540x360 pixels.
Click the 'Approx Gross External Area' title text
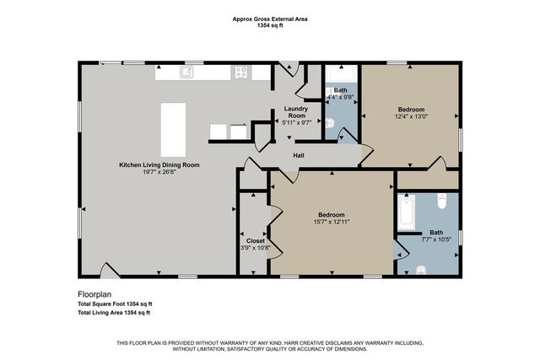[x=269, y=19]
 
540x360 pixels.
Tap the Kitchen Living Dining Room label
[x=159, y=165]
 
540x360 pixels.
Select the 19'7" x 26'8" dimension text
[x=159, y=173]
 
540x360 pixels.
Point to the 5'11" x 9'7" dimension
[x=295, y=121]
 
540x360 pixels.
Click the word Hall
[x=299, y=156]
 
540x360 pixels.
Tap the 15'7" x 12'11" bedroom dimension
[x=332, y=223]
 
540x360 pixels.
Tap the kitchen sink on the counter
[x=186, y=73]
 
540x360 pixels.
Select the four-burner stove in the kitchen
[x=241, y=73]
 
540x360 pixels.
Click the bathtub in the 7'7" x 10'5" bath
[x=406, y=213]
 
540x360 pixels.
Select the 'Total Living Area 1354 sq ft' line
[x=114, y=313]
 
